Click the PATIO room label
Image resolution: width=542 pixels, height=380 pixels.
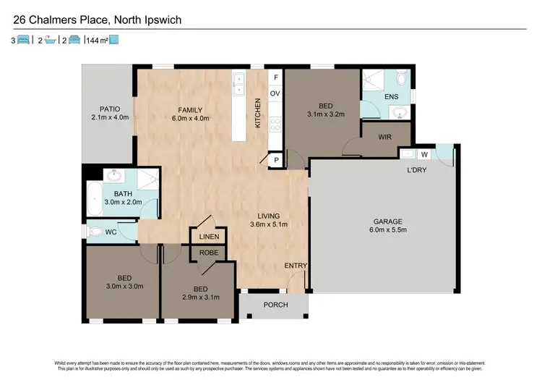109,109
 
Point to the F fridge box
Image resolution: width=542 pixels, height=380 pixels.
275,78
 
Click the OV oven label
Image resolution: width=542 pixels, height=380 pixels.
275,93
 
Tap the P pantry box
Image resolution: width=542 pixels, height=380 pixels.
275,161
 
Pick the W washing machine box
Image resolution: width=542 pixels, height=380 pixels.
424,153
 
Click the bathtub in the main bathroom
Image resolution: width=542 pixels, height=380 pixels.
94,195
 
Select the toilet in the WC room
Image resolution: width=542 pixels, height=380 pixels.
96,232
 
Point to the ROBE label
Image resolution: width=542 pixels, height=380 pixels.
209,253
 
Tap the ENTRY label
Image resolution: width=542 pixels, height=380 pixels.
295,266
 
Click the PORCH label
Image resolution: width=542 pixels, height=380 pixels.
275,305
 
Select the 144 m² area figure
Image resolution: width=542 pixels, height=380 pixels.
96,41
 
